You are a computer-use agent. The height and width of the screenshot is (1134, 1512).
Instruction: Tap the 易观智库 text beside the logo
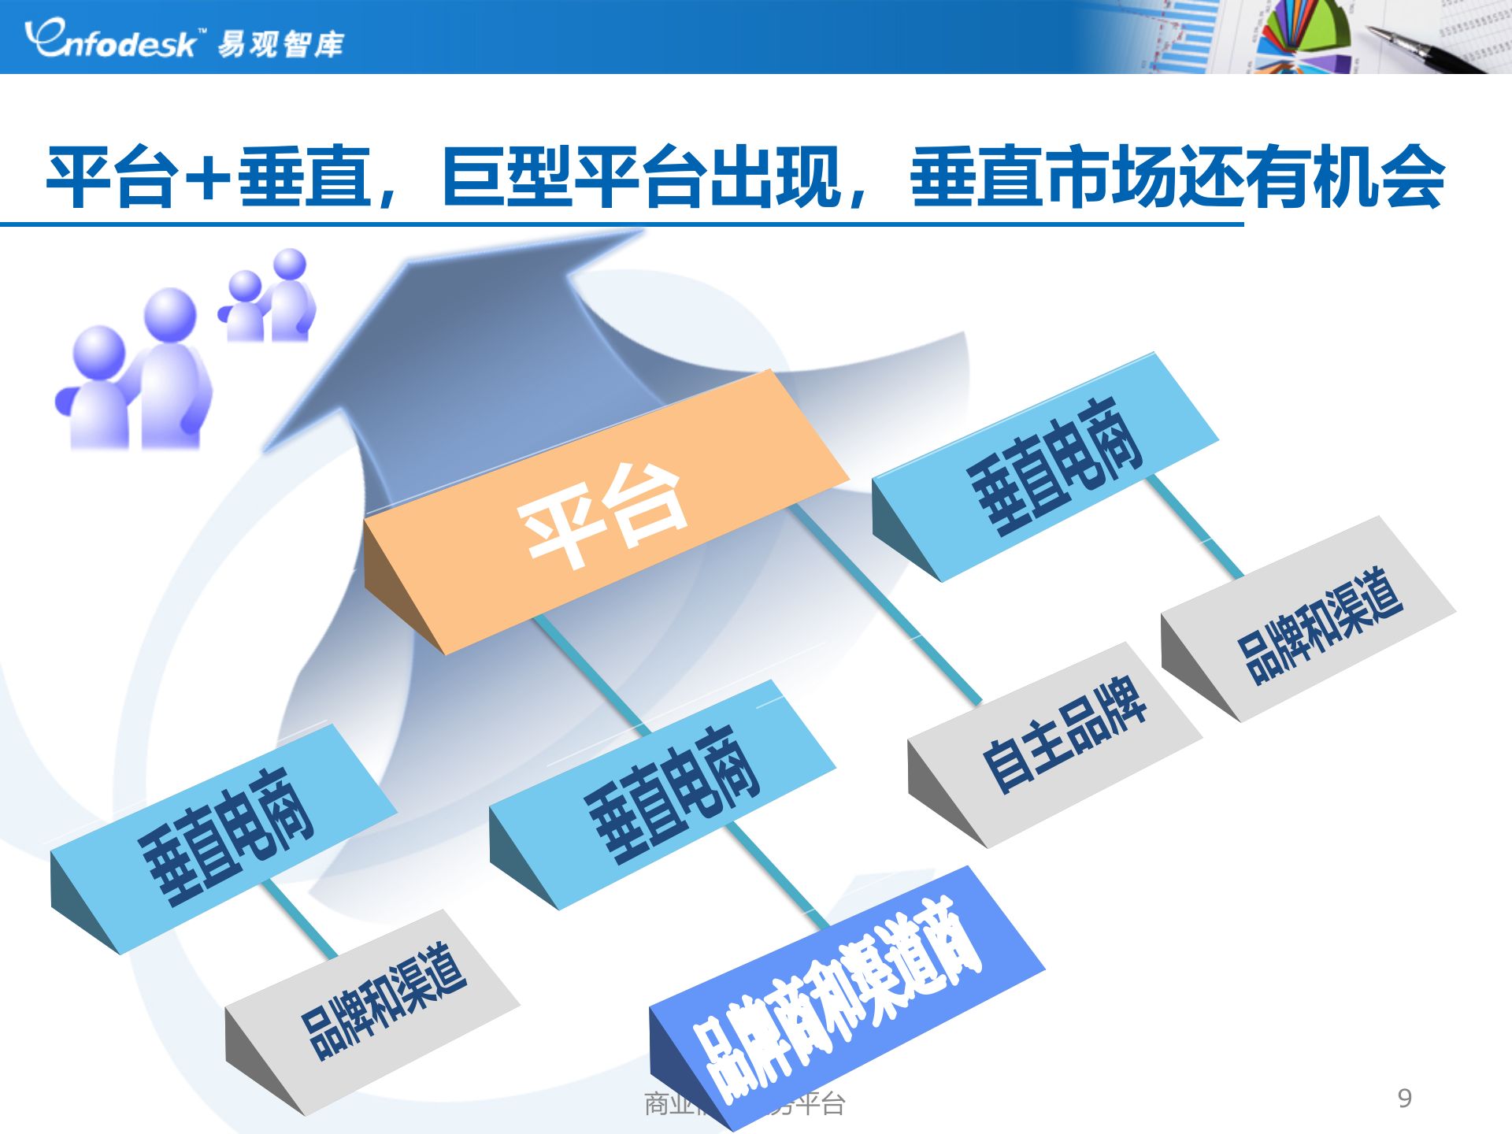tap(280, 44)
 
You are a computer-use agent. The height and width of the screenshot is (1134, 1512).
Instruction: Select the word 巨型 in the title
tap(507, 176)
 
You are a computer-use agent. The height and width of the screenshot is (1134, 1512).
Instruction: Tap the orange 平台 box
tap(602, 512)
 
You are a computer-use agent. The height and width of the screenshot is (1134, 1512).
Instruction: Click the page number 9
tap(1404, 1098)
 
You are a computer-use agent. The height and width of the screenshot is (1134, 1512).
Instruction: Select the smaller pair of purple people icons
tap(269, 298)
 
